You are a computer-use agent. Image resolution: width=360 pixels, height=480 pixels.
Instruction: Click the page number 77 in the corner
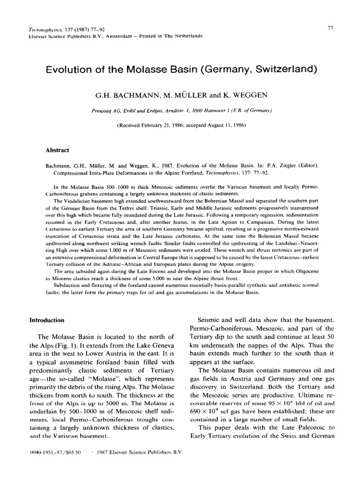(330, 29)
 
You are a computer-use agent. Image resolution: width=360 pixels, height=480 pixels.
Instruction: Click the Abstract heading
(56, 150)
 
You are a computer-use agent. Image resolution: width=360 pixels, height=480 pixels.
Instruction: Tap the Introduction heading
(47, 320)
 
